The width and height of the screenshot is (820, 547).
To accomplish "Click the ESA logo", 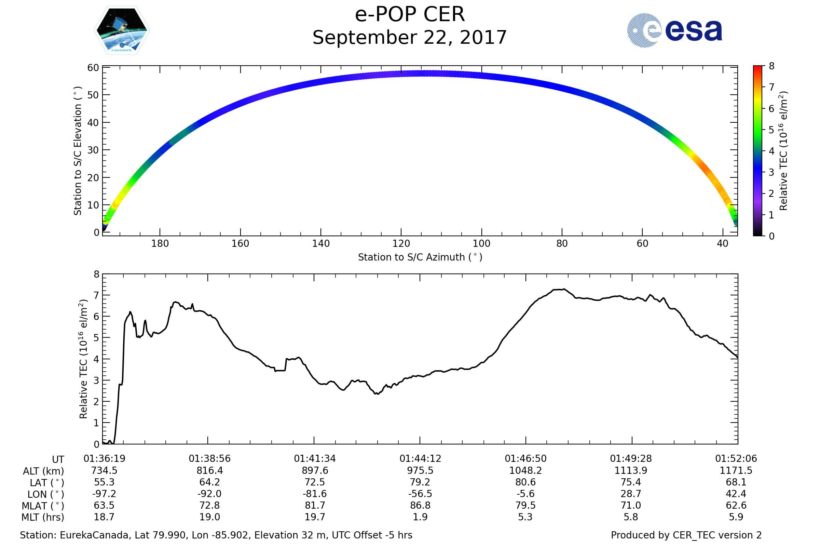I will pyautogui.click(x=674, y=30).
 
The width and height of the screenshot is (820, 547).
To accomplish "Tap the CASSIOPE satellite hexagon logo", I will pyautogui.click(x=122, y=30).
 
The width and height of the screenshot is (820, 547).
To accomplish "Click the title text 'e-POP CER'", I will pyautogui.click(x=410, y=15).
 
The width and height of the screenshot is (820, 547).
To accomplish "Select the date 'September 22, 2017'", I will pyautogui.click(x=410, y=38).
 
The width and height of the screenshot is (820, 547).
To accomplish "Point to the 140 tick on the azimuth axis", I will pyautogui.click(x=321, y=243).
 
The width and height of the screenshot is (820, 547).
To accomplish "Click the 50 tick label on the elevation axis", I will pyautogui.click(x=93, y=95).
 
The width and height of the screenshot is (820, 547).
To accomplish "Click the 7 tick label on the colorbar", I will pyautogui.click(x=771, y=87).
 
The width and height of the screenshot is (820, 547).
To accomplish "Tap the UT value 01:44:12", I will pyautogui.click(x=420, y=459).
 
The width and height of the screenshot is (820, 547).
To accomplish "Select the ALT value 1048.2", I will pyautogui.click(x=525, y=471).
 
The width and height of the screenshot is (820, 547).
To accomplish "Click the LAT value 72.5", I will pyautogui.click(x=315, y=482).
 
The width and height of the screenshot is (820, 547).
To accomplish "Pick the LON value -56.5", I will pyautogui.click(x=420, y=494).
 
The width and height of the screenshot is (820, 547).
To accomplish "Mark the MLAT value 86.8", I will pyautogui.click(x=420, y=506).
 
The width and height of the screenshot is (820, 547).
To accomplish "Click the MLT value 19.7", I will pyautogui.click(x=315, y=517).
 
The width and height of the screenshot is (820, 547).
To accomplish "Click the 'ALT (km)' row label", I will pyautogui.click(x=44, y=471).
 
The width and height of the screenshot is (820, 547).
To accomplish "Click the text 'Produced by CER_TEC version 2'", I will pyautogui.click(x=686, y=535).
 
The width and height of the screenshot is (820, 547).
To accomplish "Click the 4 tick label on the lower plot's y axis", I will pyautogui.click(x=97, y=359).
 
